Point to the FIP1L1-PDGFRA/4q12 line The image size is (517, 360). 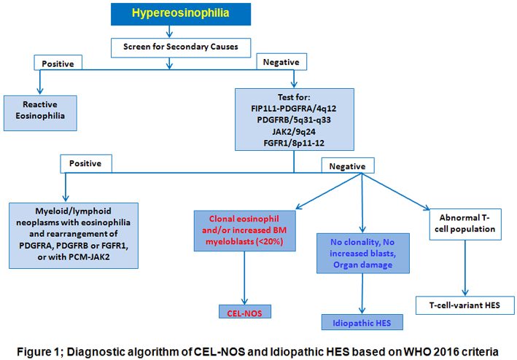pyautogui.click(x=294, y=108)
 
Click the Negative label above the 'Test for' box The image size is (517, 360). pyautogui.click(x=279, y=64)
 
